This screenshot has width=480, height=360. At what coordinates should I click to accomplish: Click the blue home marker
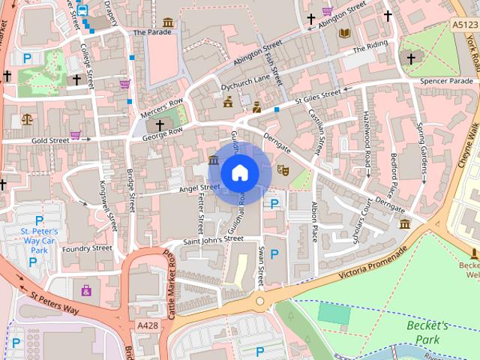239,172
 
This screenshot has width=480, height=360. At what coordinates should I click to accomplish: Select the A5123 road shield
465,25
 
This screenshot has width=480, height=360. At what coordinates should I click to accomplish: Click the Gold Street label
50,139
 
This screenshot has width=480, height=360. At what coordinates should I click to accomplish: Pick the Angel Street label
199,187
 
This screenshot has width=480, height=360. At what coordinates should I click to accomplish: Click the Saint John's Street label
213,239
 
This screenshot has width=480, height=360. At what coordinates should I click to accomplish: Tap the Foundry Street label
87,248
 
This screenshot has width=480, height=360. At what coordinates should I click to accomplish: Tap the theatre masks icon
283,170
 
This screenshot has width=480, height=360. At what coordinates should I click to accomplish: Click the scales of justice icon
28,118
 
